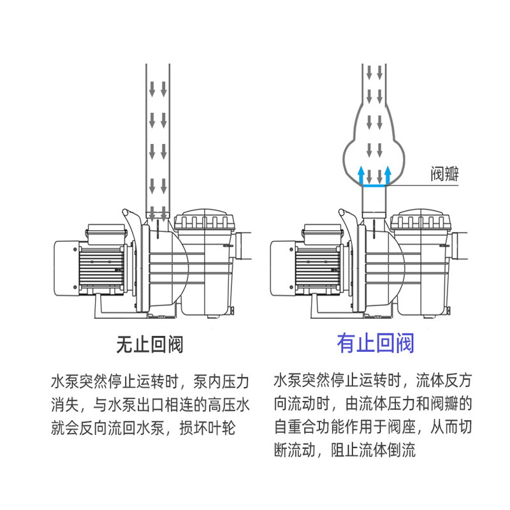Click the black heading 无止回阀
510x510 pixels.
coord(149,345)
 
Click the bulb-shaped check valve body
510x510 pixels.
coord(375,147)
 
